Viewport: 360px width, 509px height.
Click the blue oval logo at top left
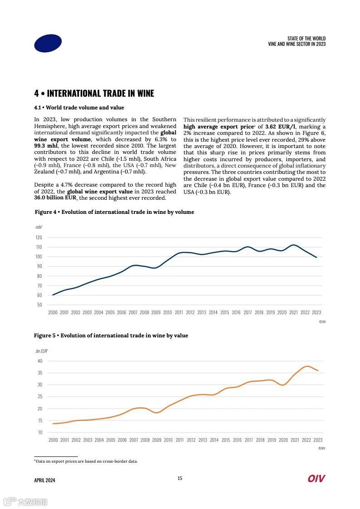coord(48,43)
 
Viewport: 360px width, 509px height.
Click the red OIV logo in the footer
coord(316,479)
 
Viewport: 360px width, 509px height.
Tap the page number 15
coord(180,478)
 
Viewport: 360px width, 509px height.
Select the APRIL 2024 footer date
coord(44,480)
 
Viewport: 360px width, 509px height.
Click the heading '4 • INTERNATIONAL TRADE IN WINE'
coord(94,94)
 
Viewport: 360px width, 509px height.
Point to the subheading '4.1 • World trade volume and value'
coord(79,108)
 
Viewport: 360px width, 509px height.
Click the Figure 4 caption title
coord(114,212)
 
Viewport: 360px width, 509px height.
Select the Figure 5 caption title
coord(111,336)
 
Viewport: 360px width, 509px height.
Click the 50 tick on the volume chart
coord(39,305)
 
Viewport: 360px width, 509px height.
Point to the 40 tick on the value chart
coord(39,361)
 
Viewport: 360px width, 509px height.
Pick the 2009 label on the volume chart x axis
coord(156,312)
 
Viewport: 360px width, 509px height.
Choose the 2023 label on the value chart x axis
coord(317,440)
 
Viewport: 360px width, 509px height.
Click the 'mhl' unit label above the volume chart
coord(39,227)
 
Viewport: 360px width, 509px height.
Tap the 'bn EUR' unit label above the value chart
coord(41,351)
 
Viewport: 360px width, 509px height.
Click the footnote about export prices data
coord(86,461)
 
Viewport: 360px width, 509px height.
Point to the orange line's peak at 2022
coord(307,366)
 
